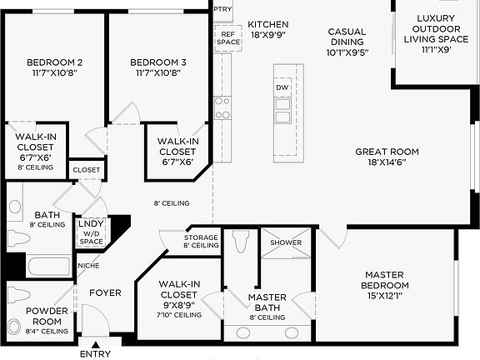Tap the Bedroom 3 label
click(157, 67)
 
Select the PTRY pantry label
click(222, 8)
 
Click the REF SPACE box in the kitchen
click(227, 37)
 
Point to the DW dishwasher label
click(282, 87)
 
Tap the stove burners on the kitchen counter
click(222, 107)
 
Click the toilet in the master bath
click(242, 242)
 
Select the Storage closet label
click(201, 242)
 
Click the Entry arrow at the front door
click(95, 345)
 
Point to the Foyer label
click(106, 292)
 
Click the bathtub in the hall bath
click(47, 267)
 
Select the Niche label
click(88, 266)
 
